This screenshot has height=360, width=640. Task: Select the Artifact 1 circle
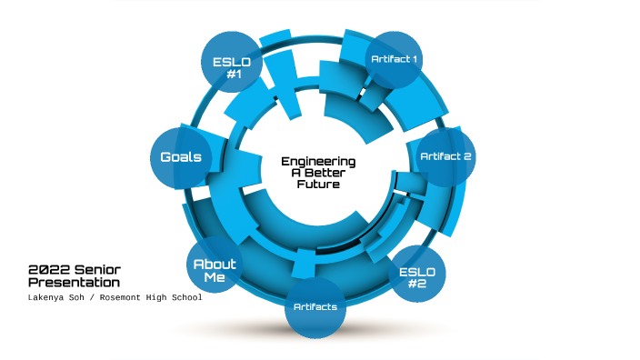point(394,59)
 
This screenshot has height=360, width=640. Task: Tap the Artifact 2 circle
point(445,156)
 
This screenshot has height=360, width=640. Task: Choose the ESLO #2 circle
point(417,274)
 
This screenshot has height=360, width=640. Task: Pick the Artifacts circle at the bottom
point(315,306)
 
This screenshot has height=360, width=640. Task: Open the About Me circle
point(215,270)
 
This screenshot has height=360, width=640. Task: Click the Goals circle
point(180,157)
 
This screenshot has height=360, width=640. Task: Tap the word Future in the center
point(318,184)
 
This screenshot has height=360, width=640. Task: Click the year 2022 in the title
point(45,270)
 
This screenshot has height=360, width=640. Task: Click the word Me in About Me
point(215,277)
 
